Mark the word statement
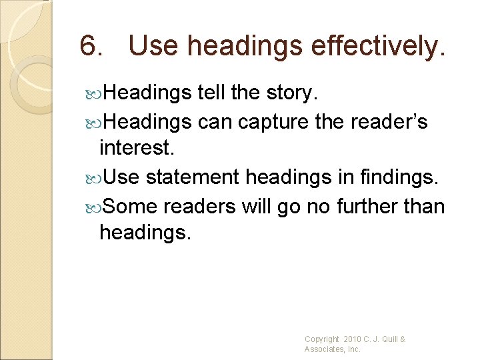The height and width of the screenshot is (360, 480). pos(193,178)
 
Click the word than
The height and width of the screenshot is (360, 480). pos(425,207)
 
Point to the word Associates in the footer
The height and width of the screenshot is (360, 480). pos(324,349)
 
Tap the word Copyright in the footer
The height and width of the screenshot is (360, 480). pos(322,339)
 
